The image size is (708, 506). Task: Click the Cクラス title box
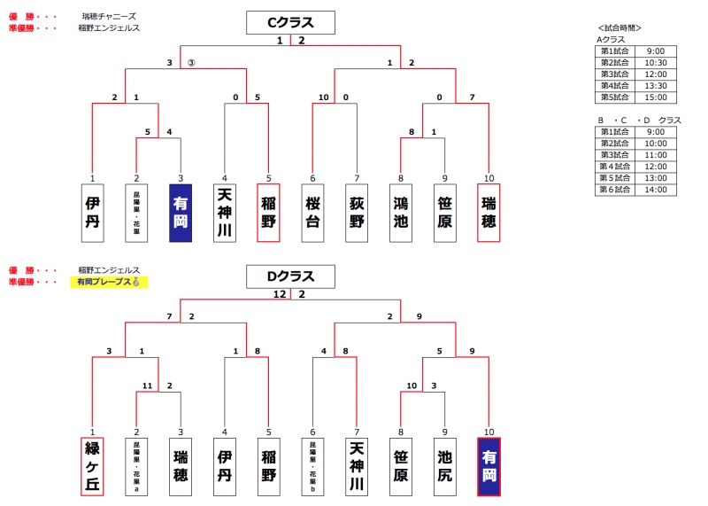[x=290, y=22]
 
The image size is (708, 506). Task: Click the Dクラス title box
[x=290, y=277]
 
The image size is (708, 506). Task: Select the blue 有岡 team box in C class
[x=180, y=213]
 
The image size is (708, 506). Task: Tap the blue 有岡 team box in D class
[x=489, y=467]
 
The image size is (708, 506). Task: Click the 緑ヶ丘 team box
[x=92, y=467]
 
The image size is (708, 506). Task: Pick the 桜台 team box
[x=312, y=213]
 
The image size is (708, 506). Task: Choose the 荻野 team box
[x=357, y=213]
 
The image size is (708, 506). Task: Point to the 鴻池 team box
[x=401, y=213]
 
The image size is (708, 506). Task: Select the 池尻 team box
[x=445, y=467]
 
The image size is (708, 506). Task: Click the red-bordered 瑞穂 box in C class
[x=489, y=213]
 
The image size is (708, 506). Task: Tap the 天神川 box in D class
[x=357, y=467]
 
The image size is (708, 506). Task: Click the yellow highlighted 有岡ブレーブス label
[x=108, y=282]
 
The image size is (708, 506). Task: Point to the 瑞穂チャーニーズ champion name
[x=109, y=17]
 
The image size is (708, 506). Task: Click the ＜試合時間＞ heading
[x=620, y=28]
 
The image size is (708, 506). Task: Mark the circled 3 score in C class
[x=190, y=63]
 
